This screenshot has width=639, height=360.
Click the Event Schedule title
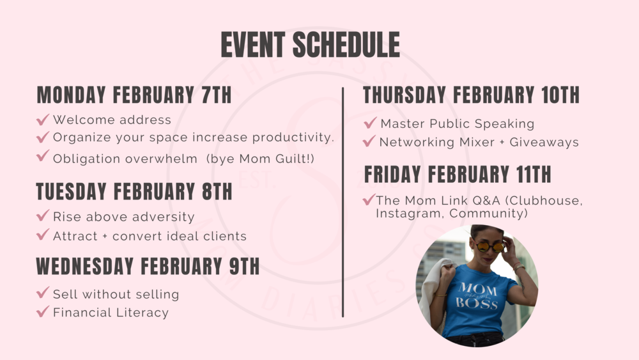[x=310, y=44]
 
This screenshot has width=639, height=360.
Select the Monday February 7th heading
[x=134, y=95]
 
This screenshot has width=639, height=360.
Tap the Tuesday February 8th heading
[x=134, y=191]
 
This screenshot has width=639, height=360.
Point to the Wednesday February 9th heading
[x=148, y=266]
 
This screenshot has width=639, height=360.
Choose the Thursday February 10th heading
[x=471, y=95]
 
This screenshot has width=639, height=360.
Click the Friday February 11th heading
[x=458, y=175]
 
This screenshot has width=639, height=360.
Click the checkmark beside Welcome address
[x=43, y=120]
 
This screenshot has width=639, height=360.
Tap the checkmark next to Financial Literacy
[x=43, y=312]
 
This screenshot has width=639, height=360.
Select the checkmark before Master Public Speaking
[x=370, y=123]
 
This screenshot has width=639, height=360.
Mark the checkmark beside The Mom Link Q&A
[x=369, y=200]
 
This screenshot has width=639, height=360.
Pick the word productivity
[x=293, y=137]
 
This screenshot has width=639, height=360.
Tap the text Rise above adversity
[x=124, y=217]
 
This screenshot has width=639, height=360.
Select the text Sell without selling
[x=116, y=294]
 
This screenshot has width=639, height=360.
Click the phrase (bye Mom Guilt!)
[x=261, y=159]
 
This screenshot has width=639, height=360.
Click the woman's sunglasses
[x=490, y=246]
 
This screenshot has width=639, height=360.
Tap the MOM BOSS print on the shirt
[x=477, y=295]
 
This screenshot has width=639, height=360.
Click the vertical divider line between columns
[x=343, y=202]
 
